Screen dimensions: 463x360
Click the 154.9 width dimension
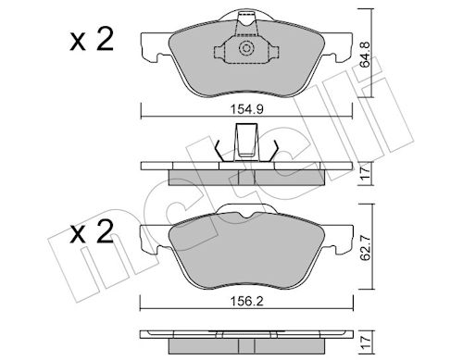click(246, 109)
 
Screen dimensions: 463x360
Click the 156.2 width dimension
click(247, 301)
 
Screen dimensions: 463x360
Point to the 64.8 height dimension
click(366, 55)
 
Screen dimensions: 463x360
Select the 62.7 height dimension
click(366, 247)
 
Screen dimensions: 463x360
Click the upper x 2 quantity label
click(92, 40)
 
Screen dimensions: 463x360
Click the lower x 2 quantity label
click(92, 232)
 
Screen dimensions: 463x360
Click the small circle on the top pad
click(246, 48)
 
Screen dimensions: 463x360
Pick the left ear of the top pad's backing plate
click(155, 48)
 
